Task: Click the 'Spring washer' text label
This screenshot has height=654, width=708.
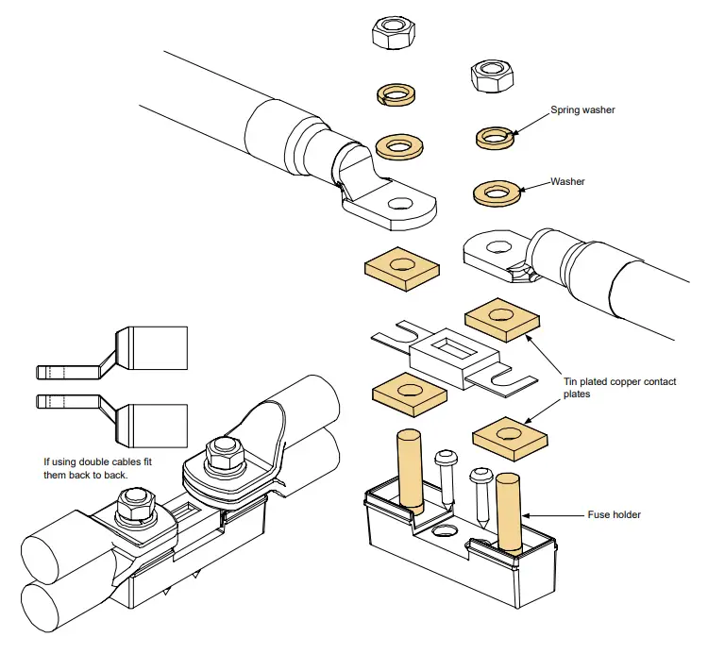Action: click(582, 110)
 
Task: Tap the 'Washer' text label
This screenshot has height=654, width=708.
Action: click(567, 181)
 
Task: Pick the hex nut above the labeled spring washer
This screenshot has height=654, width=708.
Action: click(490, 75)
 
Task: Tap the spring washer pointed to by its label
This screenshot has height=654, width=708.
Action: click(495, 138)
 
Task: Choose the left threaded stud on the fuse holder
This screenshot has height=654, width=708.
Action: click(408, 467)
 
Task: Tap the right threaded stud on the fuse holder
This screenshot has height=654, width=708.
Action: click(508, 511)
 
